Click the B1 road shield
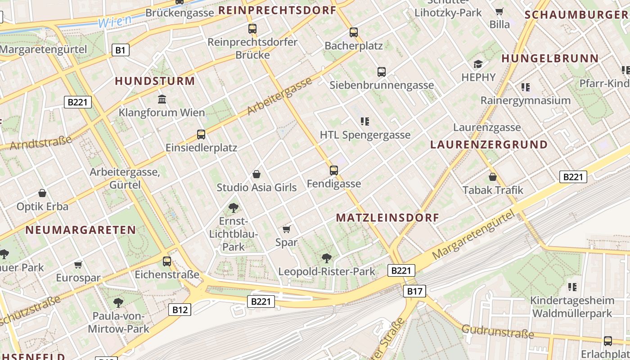(x=120, y=50)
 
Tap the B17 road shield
(x=414, y=291)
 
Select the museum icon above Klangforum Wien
(x=162, y=99)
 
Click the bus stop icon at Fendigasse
(x=333, y=171)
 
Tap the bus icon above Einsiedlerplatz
(x=201, y=134)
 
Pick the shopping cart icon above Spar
(x=287, y=229)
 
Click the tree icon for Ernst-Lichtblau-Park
(x=233, y=207)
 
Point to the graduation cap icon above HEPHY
(x=478, y=64)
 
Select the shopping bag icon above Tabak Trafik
(x=493, y=177)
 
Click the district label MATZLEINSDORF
(x=387, y=218)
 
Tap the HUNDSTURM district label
(x=155, y=81)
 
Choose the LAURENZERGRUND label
(x=489, y=145)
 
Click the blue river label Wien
(x=115, y=21)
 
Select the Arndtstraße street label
(x=40, y=143)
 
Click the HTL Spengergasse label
(x=365, y=135)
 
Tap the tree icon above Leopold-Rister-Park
(x=327, y=258)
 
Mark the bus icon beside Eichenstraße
(x=167, y=261)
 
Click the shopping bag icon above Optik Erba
(x=42, y=193)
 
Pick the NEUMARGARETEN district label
(x=81, y=230)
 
